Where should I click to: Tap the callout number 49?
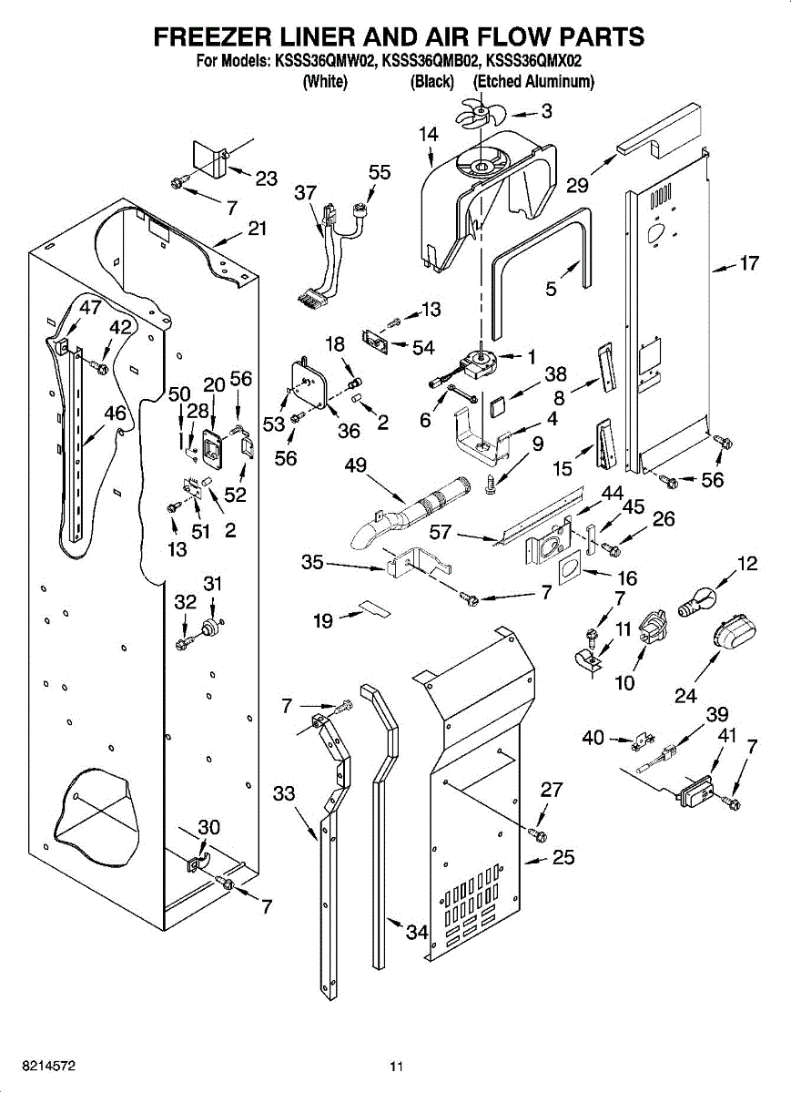tap(356, 465)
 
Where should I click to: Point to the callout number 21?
tap(258, 229)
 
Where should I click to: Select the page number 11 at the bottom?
tap(395, 1066)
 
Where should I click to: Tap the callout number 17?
tap(748, 264)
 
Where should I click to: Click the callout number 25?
tap(563, 857)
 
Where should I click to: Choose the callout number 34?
tap(417, 932)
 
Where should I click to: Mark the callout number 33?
tap(284, 793)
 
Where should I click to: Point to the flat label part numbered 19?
tap(373, 608)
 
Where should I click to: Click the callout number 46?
tap(115, 413)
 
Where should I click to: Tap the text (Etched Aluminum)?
tap(533, 82)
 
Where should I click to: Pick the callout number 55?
tap(380, 172)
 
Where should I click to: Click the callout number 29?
tap(577, 186)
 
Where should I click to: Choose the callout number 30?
tap(209, 827)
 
